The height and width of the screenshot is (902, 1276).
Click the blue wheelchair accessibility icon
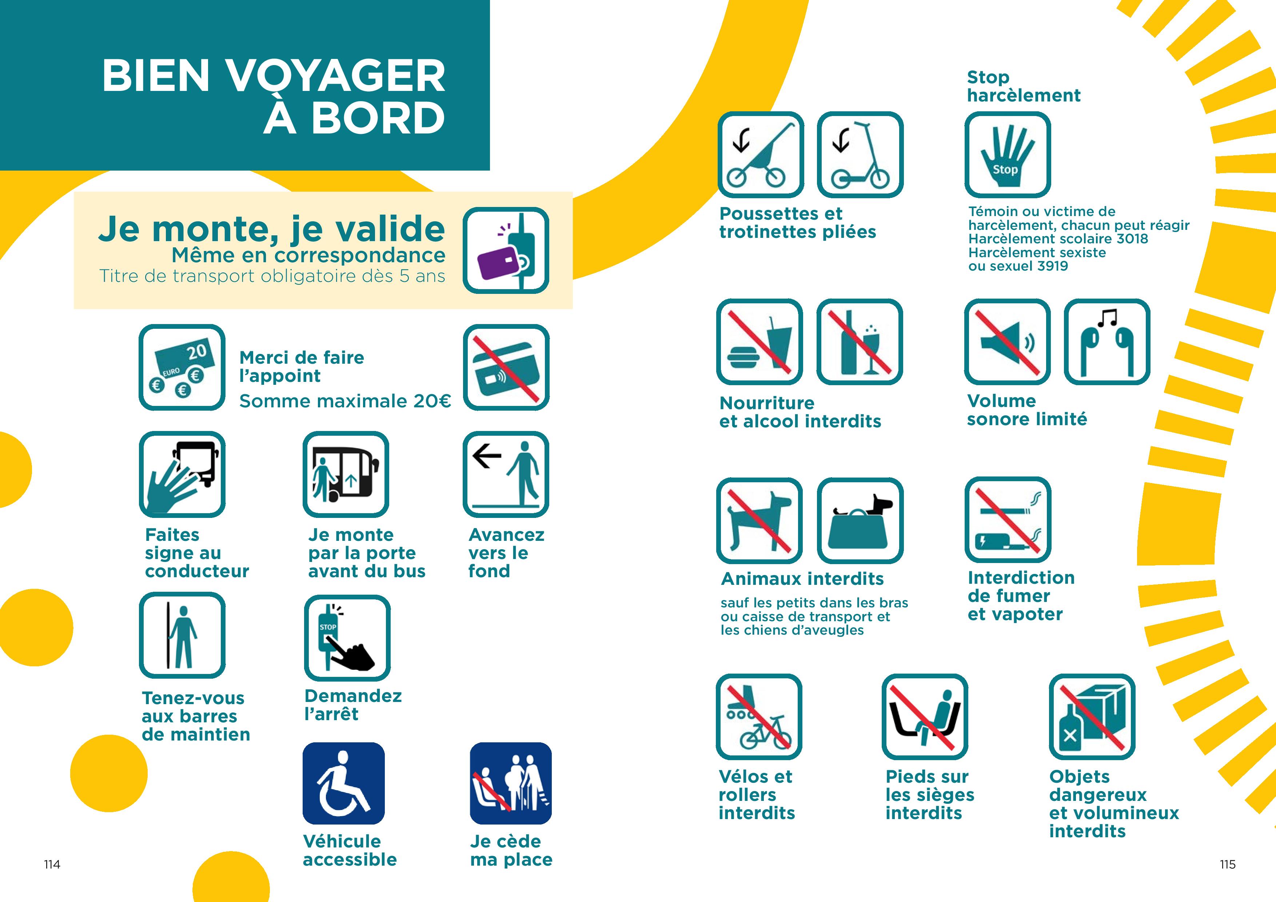point(343,783)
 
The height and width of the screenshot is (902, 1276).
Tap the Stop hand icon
point(1007,155)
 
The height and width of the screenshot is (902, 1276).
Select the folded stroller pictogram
point(760,155)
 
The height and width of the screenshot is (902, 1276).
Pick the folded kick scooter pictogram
point(860,155)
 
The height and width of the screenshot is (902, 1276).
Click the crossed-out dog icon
point(759,520)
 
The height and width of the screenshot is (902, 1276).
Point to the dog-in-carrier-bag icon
point(860,520)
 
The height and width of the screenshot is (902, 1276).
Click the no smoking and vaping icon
point(1008,519)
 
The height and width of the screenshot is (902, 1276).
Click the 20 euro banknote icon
point(182,367)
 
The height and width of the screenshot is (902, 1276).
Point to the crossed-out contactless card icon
point(506,367)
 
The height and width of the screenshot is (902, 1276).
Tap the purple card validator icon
point(506,250)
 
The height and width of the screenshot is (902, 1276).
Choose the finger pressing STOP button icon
point(347,638)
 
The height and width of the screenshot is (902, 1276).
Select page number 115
point(1228,864)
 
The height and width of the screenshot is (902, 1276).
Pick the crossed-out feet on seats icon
point(925,717)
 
